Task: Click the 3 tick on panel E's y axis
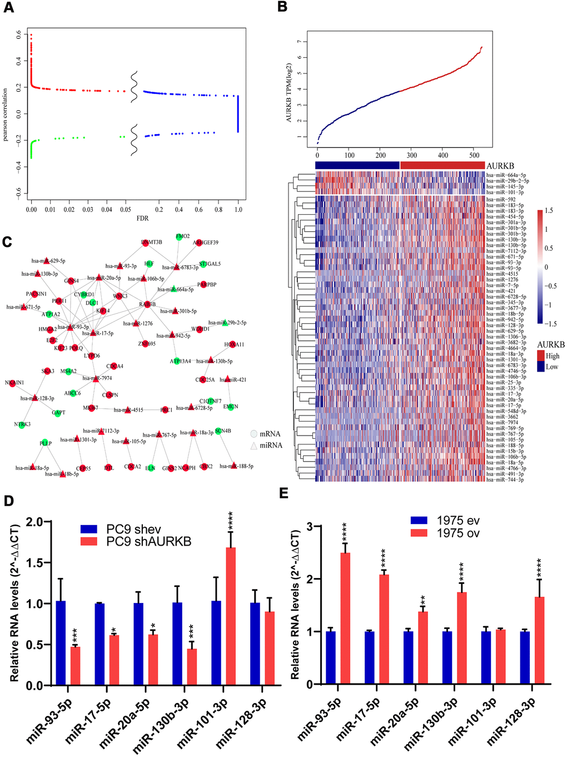point(310,526)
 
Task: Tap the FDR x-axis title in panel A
point(143,219)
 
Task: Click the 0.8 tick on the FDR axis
point(218,210)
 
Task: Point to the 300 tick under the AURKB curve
point(412,155)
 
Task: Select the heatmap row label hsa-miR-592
point(501,199)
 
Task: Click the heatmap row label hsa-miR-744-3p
point(505,479)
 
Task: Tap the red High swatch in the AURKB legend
point(541,355)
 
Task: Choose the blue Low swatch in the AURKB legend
point(541,367)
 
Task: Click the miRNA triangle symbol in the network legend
point(253,446)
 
